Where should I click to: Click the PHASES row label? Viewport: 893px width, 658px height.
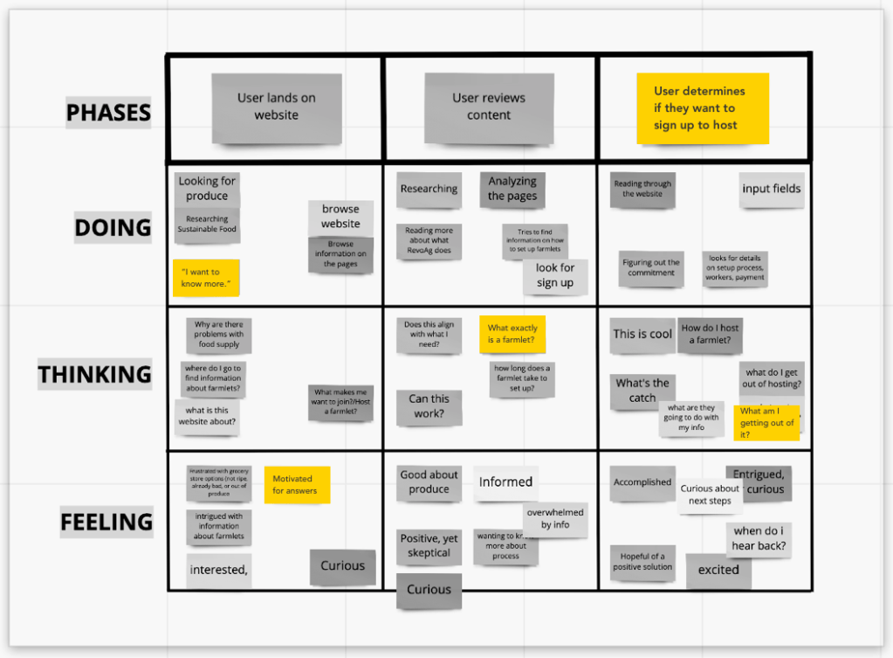click(108, 113)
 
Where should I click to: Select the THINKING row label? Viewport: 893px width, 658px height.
click(94, 374)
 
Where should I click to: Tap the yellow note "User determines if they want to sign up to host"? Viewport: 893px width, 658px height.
click(702, 108)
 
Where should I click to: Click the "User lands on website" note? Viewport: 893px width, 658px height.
click(276, 107)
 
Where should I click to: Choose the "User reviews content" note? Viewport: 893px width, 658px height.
click(489, 107)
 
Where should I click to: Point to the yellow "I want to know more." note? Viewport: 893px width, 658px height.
click(205, 277)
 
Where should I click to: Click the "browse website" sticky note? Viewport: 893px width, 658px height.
click(340, 217)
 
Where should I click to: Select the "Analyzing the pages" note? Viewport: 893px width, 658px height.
click(512, 189)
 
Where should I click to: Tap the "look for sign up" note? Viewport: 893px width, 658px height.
click(555, 275)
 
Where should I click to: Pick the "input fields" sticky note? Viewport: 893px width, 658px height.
click(771, 189)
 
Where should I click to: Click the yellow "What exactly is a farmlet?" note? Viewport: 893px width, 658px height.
click(512, 334)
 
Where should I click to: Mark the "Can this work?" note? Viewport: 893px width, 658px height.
click(429, 406)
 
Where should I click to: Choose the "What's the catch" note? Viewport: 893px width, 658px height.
click(642, 390)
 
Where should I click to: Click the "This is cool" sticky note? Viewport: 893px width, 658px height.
click(642, 334)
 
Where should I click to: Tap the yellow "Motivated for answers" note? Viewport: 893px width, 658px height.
click(297, 485)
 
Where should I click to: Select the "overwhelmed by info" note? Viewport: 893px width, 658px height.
click(555, 518)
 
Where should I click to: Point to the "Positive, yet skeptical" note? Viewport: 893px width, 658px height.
click(429, 545)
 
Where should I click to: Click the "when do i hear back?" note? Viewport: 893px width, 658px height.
click(759, 539)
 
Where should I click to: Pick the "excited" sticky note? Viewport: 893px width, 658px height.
click(718, 570)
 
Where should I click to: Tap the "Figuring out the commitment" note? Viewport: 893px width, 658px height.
click(650, 267)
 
